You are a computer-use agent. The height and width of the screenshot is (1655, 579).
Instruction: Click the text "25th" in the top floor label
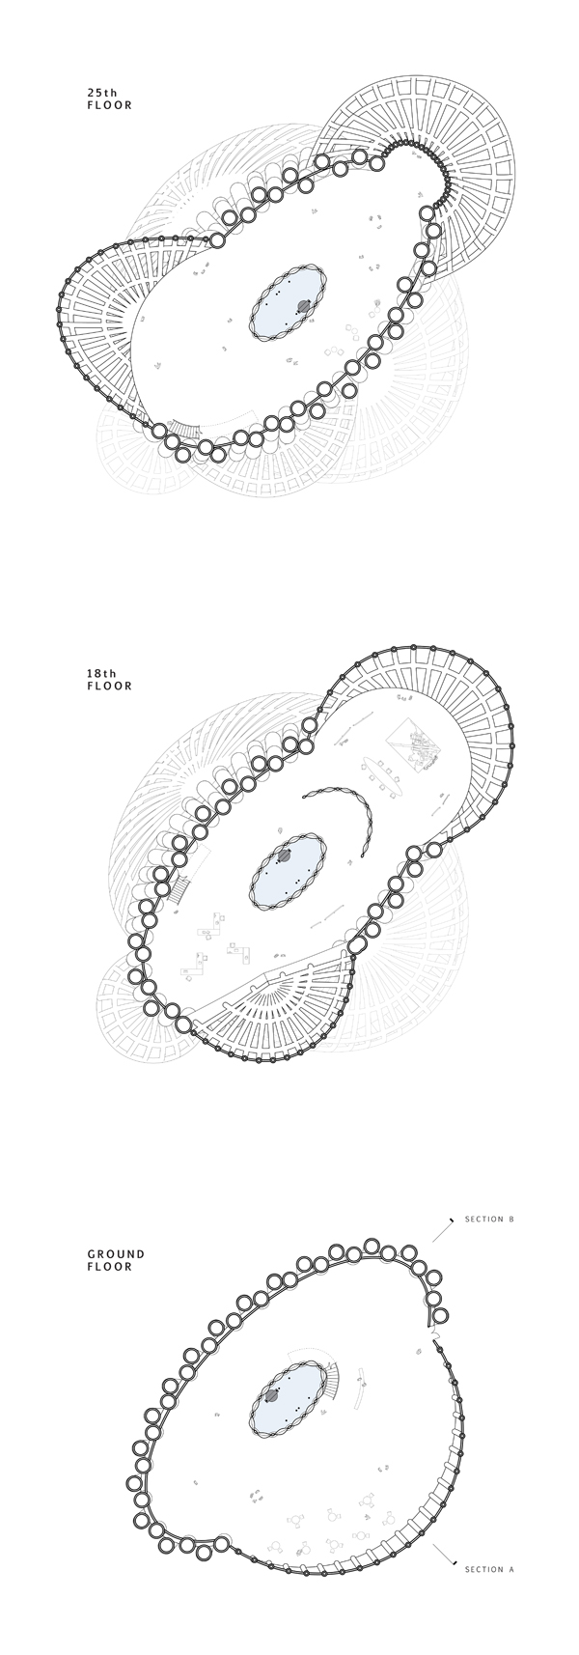pyautogui.click(x=101, y=93)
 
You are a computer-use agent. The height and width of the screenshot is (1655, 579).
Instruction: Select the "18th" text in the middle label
pyautogui.click(x=101, y=673)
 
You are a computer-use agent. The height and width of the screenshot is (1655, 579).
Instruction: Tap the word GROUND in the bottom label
pyautogui.click(x=116, y=1254)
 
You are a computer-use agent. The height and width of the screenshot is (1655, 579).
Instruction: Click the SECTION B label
pyautogui.click(x=489, y=1220)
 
